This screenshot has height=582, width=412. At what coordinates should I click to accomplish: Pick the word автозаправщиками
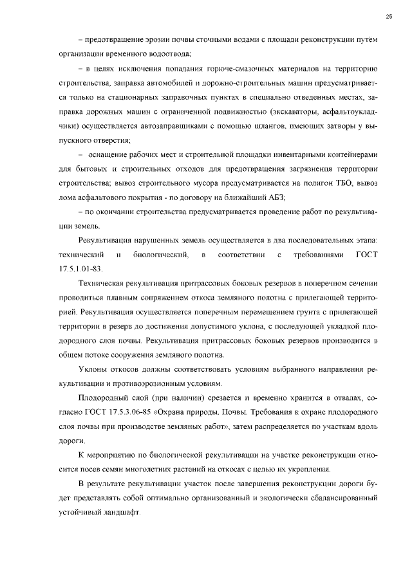coord(174,125)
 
